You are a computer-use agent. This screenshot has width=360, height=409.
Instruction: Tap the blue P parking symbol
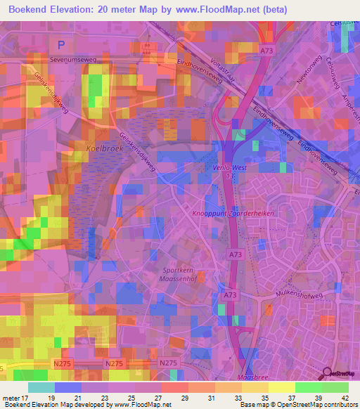(61, 44)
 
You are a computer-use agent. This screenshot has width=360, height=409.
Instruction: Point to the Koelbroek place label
(103, 149)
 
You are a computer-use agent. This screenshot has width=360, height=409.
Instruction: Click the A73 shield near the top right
(266, 51)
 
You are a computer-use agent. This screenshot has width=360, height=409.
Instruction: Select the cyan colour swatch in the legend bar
(41, 387)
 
